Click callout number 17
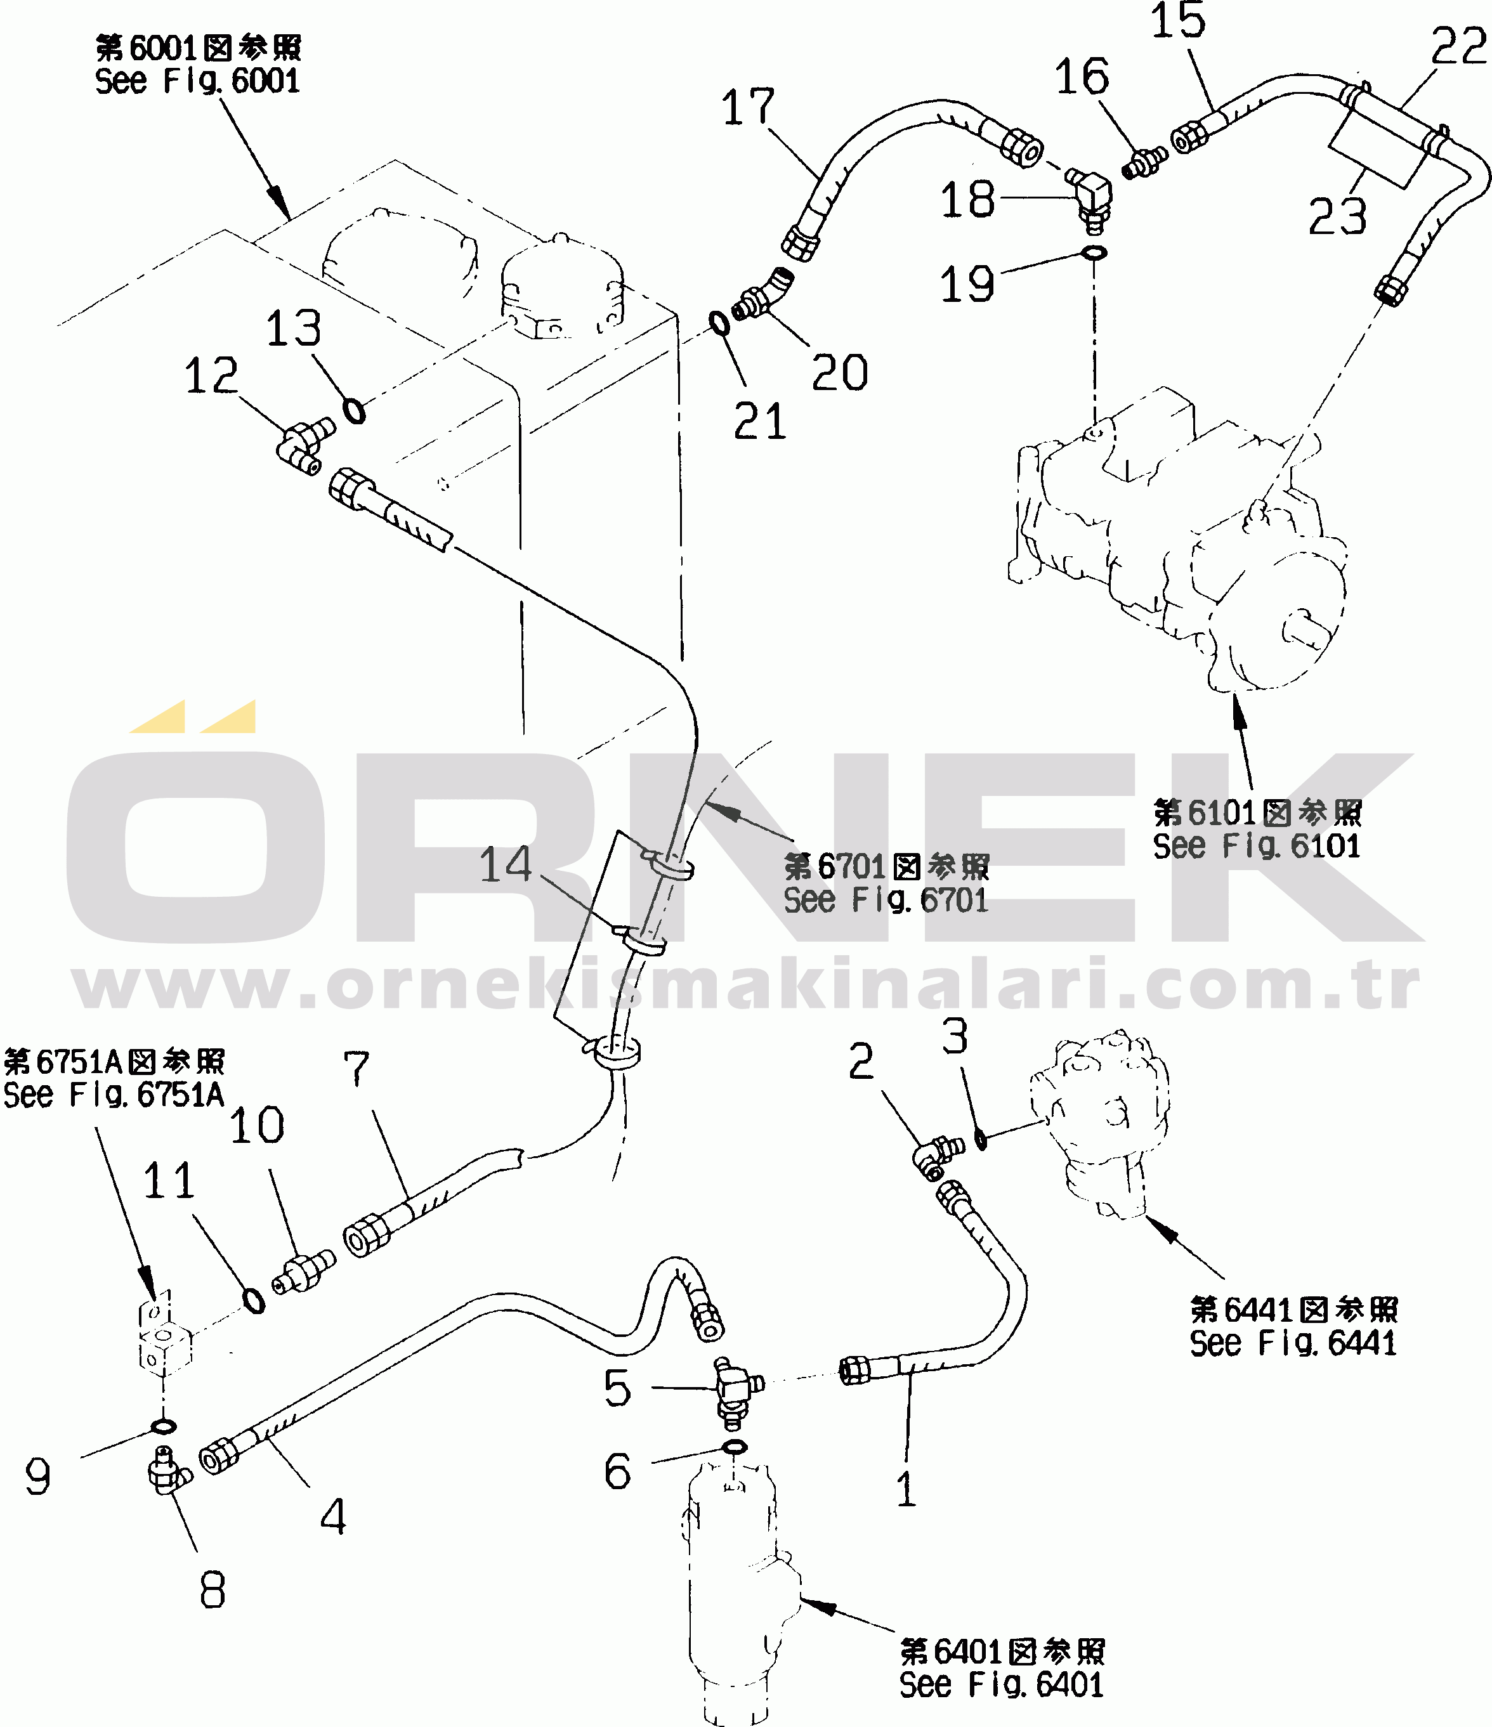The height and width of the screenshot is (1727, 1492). click(748, 108)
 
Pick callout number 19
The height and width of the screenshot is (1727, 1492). click(967, 283)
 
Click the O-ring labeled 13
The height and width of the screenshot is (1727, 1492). click(354, 411)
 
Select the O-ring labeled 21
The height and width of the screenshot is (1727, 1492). click(719, 323)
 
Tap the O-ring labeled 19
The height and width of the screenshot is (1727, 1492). click(1094, 252)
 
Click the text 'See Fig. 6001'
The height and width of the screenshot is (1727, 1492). click(197, 81)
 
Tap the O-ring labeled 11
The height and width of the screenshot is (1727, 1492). click(253, 1300)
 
